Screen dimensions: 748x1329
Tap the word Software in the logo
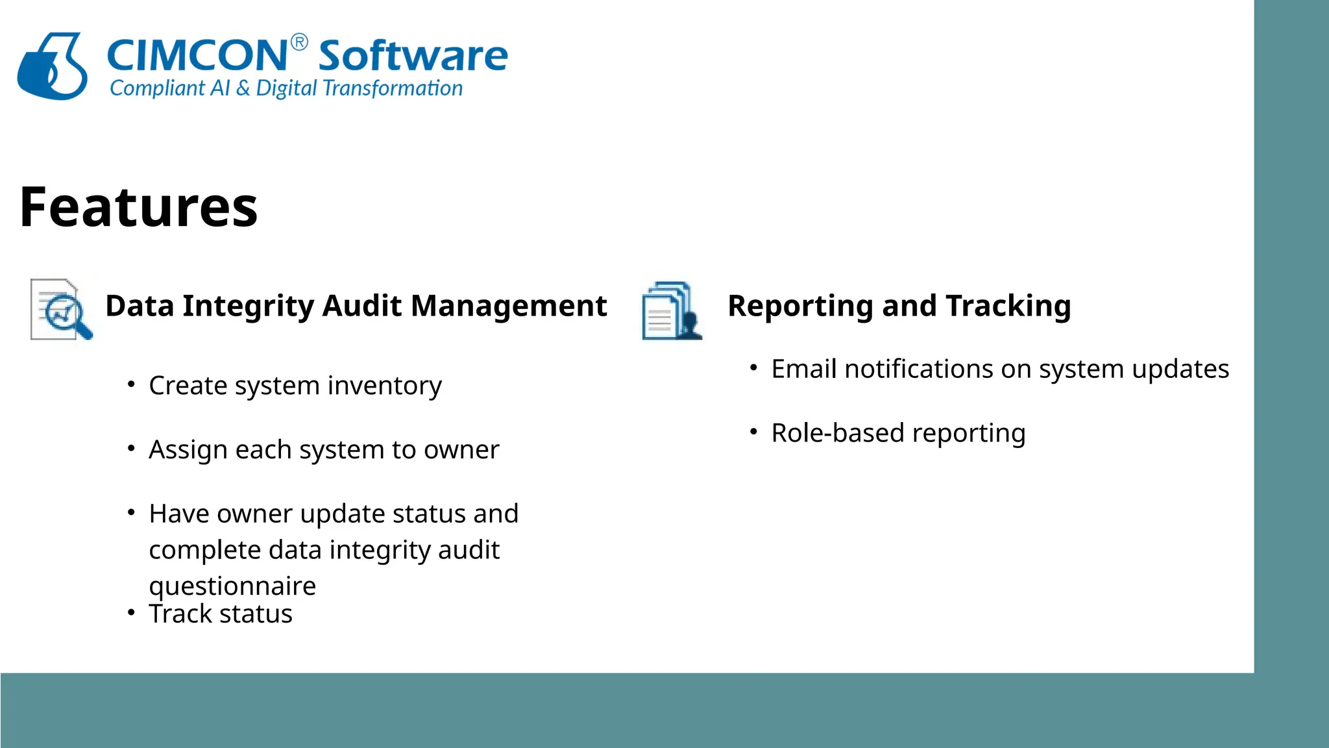click(x=413, y=56)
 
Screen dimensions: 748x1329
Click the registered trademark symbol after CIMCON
click(x=299, y=43)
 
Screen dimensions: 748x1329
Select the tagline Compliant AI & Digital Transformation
click(x=286, y=88)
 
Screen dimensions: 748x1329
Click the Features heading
click(x=139, y=207)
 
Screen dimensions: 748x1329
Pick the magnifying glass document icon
click(x=62, y=310)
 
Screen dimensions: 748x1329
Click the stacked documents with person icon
click(x=672, y=311)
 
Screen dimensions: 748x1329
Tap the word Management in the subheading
click(x=509, y=306)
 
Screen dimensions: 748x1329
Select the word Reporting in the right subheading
click(x=801, y=306)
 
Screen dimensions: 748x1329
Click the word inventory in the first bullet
click(x=385, y=386)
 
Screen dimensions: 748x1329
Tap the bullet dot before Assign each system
click(x=131, y=448)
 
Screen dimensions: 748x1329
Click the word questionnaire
click(x=232, y=586)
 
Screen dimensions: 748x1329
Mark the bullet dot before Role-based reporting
click(x=753, y=432)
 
